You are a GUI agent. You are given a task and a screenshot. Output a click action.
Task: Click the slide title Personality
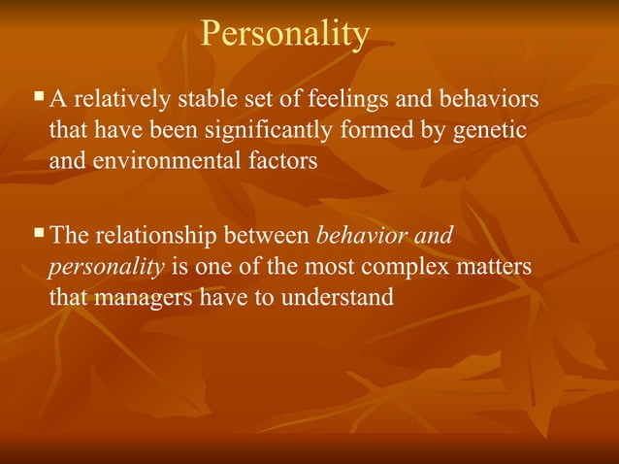click(x=285, y=34)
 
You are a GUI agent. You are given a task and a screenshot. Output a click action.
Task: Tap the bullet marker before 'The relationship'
click(x=39, y=233)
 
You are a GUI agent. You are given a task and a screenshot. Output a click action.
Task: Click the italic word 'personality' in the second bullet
click(x=106, y=267)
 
